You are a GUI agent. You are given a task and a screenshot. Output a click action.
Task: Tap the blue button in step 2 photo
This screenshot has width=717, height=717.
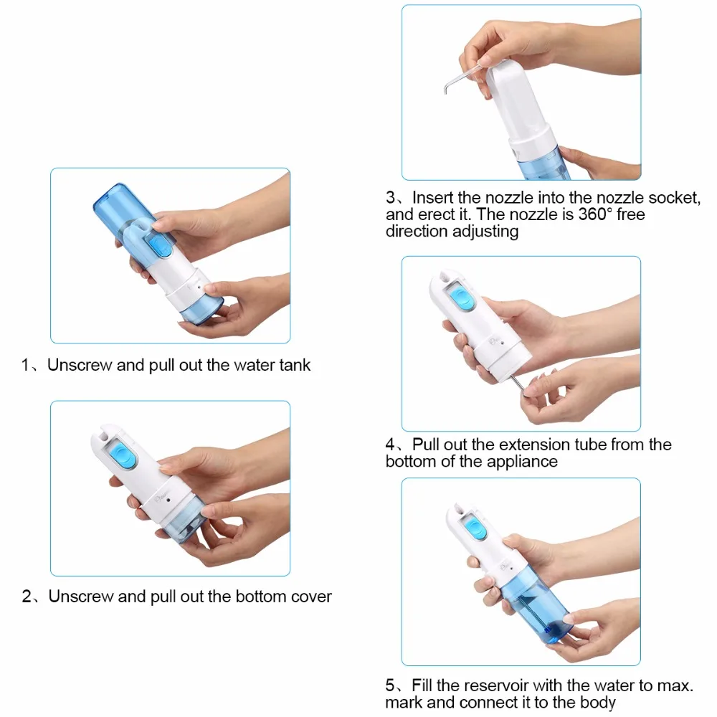(x=122, y=454)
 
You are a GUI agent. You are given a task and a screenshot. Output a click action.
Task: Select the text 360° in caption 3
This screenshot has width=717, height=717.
(x=595, y=214)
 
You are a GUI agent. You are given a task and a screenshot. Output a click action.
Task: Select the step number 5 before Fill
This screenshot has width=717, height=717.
(x=390, y=685)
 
